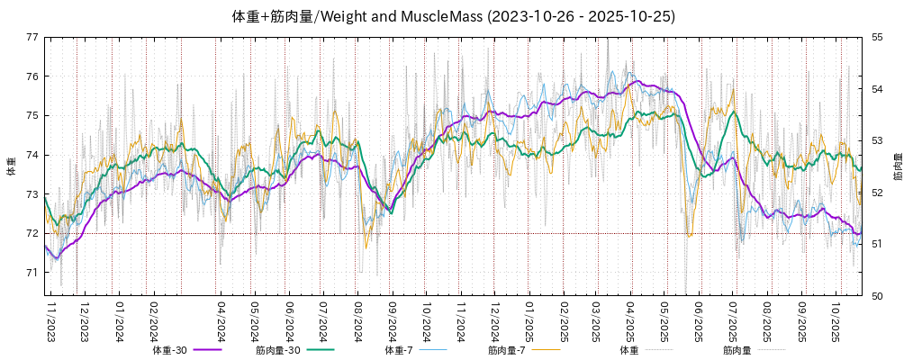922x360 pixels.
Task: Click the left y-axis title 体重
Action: click(11, 166)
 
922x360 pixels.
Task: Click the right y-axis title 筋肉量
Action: click(899, 166)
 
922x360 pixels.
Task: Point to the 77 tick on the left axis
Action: click(32, 37)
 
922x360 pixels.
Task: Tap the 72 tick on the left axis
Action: click(32, 233)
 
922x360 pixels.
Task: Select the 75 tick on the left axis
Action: click(32, 115)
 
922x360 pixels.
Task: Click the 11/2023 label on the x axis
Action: click(50, 319)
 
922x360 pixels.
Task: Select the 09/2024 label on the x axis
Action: click(392, 319)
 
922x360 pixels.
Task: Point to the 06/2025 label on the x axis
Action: click(698, 319)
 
